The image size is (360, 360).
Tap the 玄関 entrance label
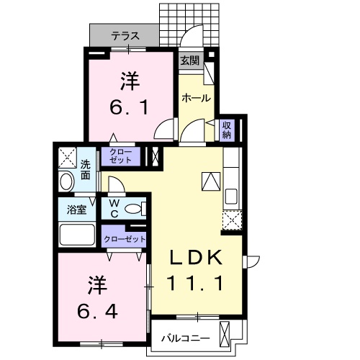pyautogui.click(x=189, y=60)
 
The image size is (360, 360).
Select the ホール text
pyautogui.click(x=195, y=97)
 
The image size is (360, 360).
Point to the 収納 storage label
pyautogui.click(x=225, y=130)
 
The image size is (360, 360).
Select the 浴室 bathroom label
pyautogui.click(x=77, y=210)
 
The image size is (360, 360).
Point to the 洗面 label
pyautogui.click(x=85, y=168)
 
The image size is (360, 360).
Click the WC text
pyautogui.click(x=114, y=209)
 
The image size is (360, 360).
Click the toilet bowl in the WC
pyautogui.click(x=133, y=210)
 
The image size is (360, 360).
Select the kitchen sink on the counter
pyautogui.click(x=233, y=196)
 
